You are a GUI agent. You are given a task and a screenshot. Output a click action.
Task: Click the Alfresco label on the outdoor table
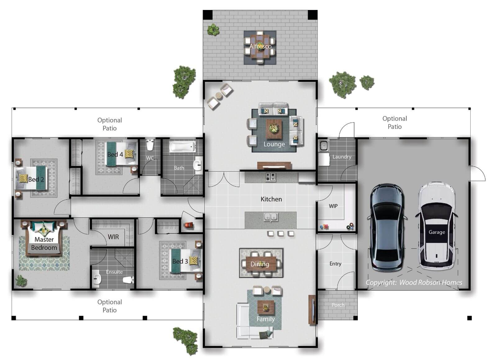[260, 46]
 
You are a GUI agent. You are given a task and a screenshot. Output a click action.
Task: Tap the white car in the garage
[436, 226]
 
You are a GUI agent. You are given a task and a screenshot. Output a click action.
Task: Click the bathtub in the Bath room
[182, 147]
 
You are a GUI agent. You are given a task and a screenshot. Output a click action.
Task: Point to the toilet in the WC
[150, 145]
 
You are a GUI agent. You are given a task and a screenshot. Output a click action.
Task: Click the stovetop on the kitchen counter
[271, 177]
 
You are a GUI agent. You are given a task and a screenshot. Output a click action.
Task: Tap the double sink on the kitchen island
[271, 217]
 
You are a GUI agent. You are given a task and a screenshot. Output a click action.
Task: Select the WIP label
[333, 206]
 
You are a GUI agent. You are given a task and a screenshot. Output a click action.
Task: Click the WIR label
[113, 237]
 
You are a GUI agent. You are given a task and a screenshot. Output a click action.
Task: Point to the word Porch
[338, 305]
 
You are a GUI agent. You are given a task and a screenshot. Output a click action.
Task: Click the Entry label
[335, 264]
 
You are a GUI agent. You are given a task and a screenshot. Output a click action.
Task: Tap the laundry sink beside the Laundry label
[323, 146]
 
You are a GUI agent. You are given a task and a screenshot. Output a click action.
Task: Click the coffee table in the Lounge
[274, 129]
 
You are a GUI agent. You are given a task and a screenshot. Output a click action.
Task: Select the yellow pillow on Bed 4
[129, 154]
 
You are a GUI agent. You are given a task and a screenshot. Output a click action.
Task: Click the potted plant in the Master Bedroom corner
[21, 281]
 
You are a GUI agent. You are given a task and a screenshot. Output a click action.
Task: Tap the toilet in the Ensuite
[129, 280]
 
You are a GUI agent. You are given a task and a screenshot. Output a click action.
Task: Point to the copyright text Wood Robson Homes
[431, 283]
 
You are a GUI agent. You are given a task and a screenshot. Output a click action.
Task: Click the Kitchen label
[271, 199]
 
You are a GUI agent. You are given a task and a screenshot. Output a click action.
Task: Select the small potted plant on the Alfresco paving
[213, 30]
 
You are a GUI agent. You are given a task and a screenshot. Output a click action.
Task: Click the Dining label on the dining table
[260, 264]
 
